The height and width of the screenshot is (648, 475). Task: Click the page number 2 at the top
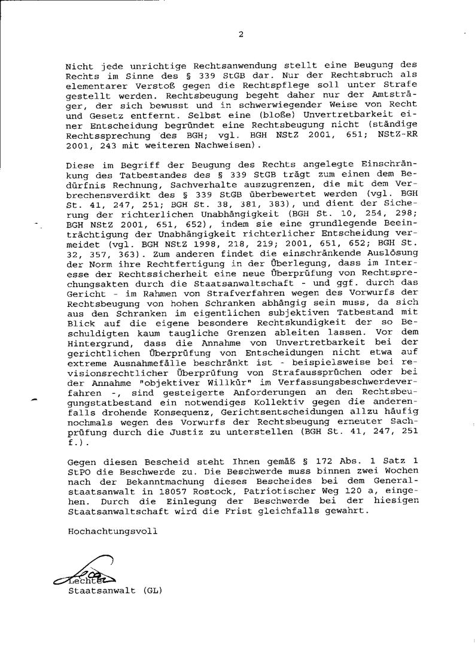(x=240, y=34)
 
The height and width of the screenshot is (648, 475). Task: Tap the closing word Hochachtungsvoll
(x=113, y=531)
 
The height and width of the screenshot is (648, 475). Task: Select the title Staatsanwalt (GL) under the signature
(x=115, y=589)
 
